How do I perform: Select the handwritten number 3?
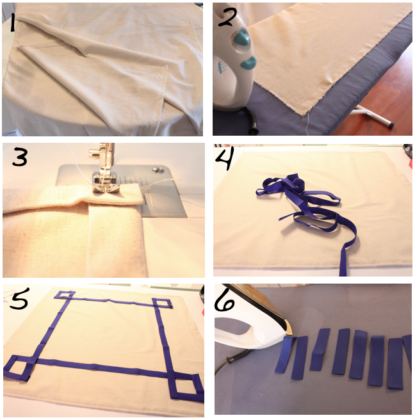tap(20, 157)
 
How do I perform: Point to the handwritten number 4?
tap(225, 158)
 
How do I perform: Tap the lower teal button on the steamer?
tap(249, 63)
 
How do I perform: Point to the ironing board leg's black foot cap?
tap(389, 124)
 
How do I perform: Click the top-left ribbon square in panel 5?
tap(65, 295)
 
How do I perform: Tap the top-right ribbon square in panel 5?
tap(163, 303)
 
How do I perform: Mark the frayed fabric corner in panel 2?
tap(304, 113)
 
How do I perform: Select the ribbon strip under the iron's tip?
tap(285, 354)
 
